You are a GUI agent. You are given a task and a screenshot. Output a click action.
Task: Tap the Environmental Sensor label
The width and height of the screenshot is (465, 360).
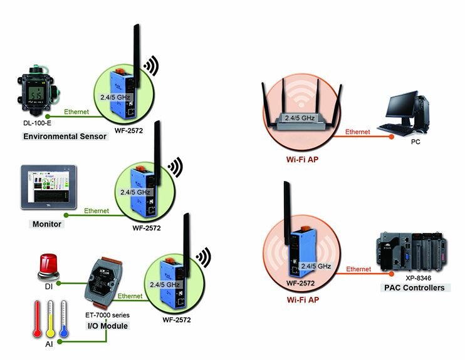pos(65,136)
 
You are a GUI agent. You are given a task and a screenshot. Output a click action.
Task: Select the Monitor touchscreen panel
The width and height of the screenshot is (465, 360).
pos(49,187)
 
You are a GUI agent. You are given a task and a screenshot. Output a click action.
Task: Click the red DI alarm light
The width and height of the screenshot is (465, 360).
pos(50,265)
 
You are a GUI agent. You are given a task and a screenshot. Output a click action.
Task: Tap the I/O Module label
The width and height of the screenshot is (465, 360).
pos(107,326)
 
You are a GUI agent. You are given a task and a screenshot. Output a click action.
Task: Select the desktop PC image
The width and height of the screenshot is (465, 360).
pos(408,113)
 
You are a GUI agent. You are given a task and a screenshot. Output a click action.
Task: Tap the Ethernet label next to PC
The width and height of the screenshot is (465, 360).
pos(358,132)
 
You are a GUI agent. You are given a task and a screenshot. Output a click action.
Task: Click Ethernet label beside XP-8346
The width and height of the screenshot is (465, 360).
pos(358,269)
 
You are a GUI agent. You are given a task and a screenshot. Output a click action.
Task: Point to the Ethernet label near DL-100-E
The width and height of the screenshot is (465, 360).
pos(76,112)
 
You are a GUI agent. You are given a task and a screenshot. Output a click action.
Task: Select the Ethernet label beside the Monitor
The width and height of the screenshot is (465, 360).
pos(96,211)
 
